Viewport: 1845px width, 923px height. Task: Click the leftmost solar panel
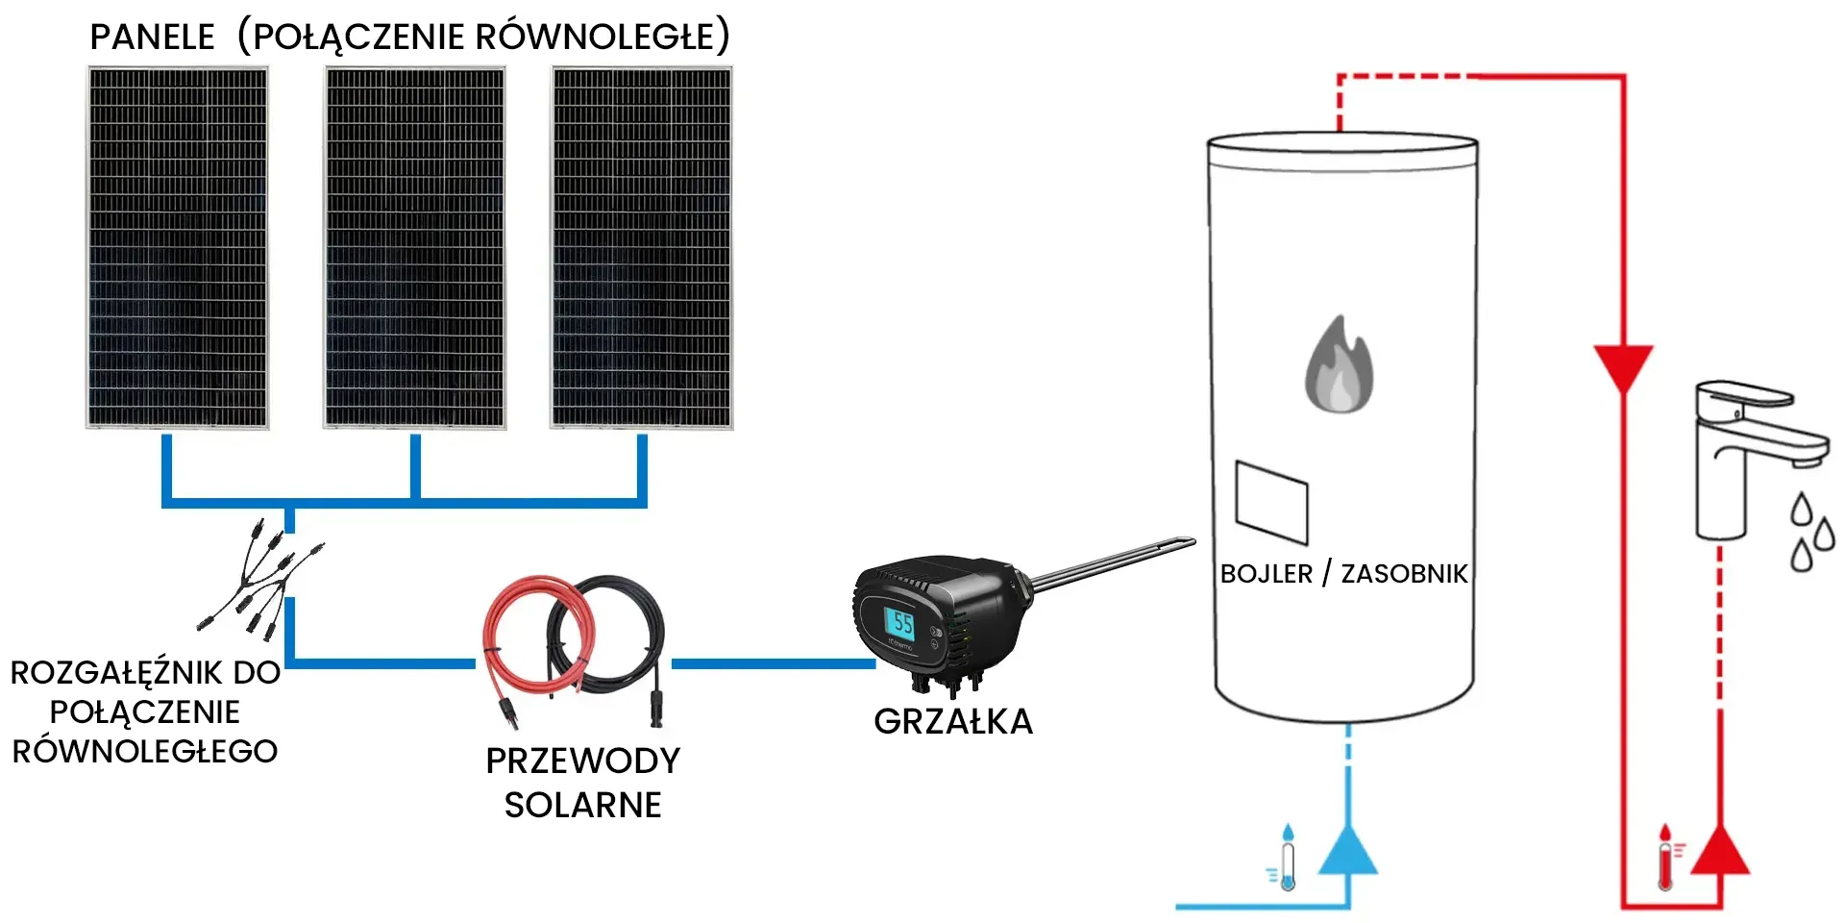(x=178, y=247)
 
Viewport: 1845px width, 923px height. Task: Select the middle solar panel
(x=415, y=247)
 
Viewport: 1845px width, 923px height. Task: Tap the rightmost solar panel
(x=642, y=247)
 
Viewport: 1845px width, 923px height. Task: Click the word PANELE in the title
(x=152, y=37)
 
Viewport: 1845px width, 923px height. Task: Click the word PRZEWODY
(x=582, y=761)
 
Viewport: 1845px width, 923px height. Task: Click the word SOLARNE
(x=582, y=805)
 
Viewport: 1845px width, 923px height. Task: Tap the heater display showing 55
(x=901, y=623)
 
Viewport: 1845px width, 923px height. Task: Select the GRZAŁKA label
(x=953, y=722)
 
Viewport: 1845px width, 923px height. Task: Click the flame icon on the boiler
(x=1339, y=365)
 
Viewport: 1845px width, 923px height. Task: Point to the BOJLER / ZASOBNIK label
(x=1343, y=574)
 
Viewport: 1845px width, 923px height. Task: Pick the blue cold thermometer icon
(x=1286, y=858)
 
